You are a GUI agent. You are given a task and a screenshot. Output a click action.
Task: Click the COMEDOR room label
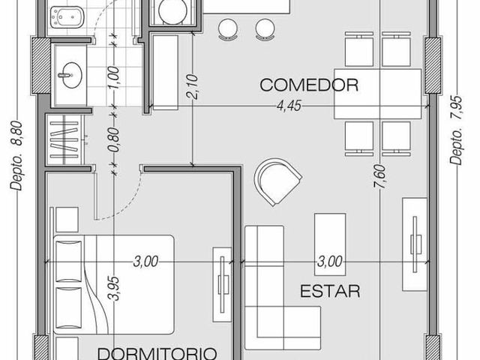[x=309, y=85]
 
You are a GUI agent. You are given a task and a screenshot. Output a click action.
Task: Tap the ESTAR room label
[x=330, y=291]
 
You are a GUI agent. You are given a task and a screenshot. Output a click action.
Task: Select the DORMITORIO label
[x=157, y=353]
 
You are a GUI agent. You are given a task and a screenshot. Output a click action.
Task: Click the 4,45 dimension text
[x=289, y=106]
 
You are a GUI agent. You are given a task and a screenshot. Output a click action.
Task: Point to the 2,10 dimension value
[x=193, y=87]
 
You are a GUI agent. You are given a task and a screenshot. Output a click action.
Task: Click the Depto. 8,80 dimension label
[x=16, y=156]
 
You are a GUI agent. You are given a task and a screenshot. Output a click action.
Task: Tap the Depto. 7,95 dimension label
[x=457, y=130]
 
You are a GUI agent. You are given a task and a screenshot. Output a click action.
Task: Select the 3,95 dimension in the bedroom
[x=114, y=288]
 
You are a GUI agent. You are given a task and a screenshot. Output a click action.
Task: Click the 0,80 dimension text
[x=114, y=139]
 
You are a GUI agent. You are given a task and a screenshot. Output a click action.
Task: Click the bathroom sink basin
[x=70, y=75]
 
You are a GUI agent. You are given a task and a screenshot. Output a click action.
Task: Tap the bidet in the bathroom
[x=67, y=18]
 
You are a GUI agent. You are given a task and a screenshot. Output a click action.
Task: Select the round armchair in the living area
[x=277, y=181]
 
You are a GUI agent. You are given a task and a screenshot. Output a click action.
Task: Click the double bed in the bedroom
[x=114, y=284]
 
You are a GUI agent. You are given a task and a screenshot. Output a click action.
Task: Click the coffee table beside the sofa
[x=330, y=244]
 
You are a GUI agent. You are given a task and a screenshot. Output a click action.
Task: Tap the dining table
[x=377, y=94]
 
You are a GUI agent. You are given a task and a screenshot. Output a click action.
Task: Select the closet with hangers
[x=65, y=139]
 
